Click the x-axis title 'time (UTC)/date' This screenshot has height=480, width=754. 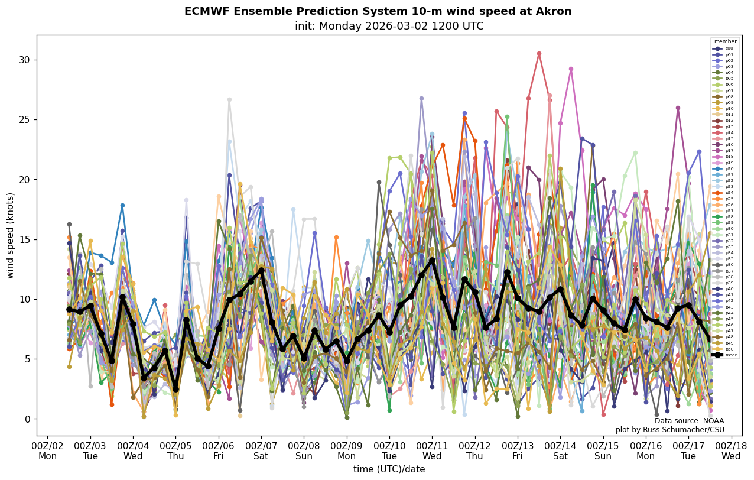click(x=389, y=469)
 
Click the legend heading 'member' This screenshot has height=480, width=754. click(x=726, y=41)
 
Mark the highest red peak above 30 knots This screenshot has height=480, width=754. click(x=539, y=54)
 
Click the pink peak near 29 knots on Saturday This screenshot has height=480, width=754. click(x=571, y=69)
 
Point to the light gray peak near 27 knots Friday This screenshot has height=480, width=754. click(x=229, y=100)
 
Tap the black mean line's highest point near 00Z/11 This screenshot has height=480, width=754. click(x=432, y=260)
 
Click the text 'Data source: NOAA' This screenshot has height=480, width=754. click(x=689, y=421)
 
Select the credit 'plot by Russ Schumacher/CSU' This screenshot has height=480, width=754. click(x=670, y=430)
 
